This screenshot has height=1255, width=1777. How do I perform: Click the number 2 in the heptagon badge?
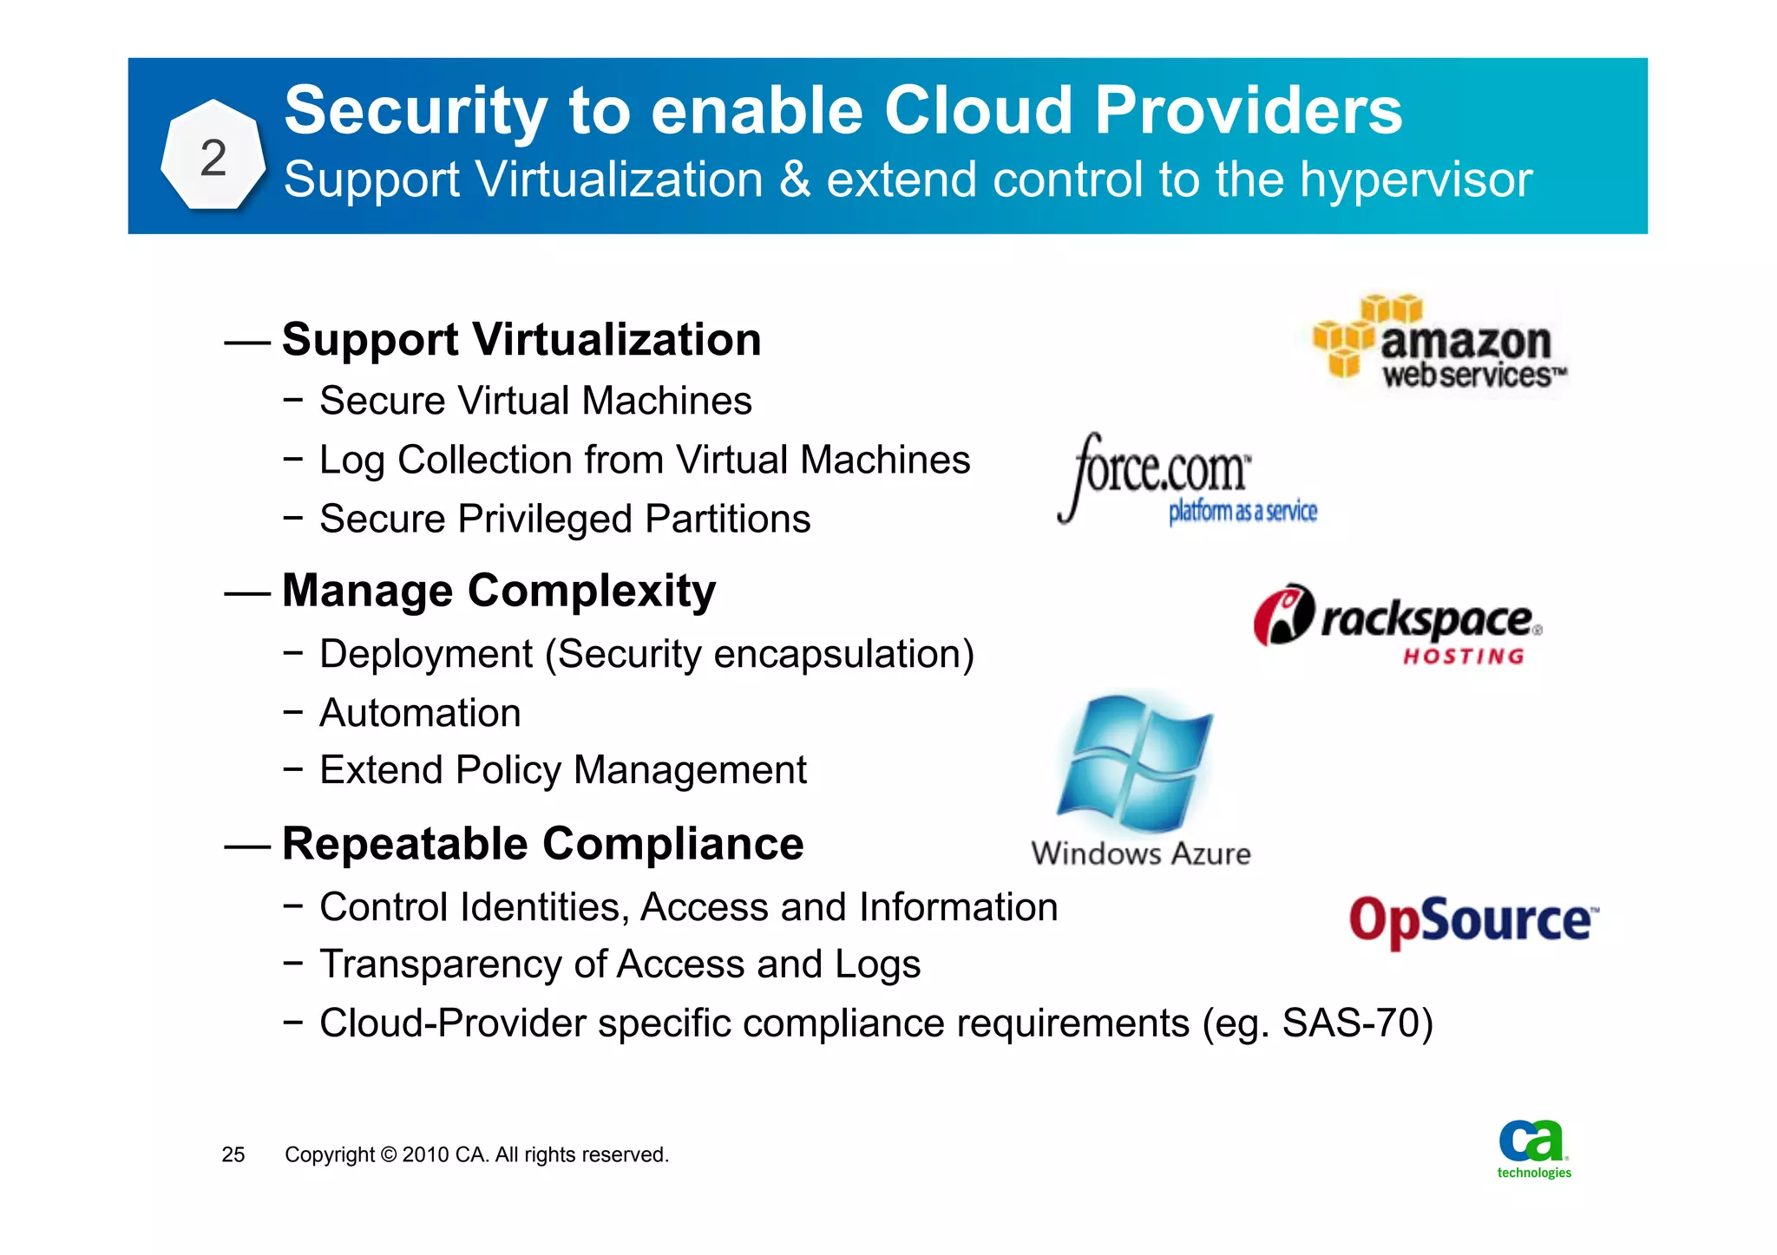[213, 158]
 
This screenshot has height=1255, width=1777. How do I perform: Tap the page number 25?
[233, 1154]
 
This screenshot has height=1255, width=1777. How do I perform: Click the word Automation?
[420, 713]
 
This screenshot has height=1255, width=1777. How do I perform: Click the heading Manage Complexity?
[499, 591]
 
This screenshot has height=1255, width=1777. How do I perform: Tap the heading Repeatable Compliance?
[542, 843]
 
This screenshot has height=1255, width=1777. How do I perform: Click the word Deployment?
[425, 654]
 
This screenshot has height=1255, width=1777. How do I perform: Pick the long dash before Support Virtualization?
[247, 343]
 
